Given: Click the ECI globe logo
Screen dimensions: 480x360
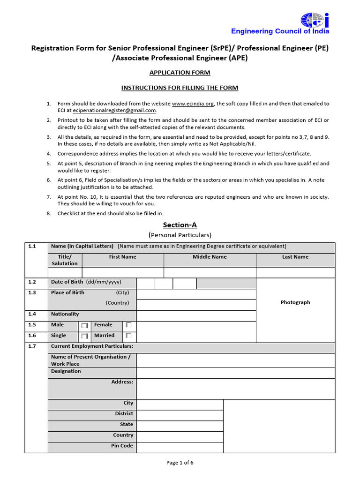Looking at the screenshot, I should pos(315,19).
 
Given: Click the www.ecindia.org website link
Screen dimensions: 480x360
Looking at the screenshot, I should pos(193,104).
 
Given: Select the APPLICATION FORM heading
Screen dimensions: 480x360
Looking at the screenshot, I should pos(180,73).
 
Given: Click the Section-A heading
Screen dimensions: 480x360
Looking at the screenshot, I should pos(180,225).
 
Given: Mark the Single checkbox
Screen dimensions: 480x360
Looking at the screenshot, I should pos(84,336).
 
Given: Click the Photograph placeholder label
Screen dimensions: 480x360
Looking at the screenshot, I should pos(295,302).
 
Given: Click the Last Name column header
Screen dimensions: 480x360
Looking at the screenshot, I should pos(295,257).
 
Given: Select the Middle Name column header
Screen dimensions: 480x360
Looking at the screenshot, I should pos(210,257).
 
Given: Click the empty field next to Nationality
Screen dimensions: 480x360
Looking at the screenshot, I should pos(196,316).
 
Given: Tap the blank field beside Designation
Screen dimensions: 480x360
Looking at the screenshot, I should pos(235,373).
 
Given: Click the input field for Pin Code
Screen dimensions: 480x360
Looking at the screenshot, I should pos(180,447).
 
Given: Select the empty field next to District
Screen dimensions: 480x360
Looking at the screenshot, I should pos(180,415).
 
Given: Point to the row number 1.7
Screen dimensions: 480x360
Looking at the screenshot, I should pos(32,346).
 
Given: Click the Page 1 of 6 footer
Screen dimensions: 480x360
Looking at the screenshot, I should pos(180,463).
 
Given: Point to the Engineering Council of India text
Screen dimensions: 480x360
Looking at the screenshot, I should pos(280,31).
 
